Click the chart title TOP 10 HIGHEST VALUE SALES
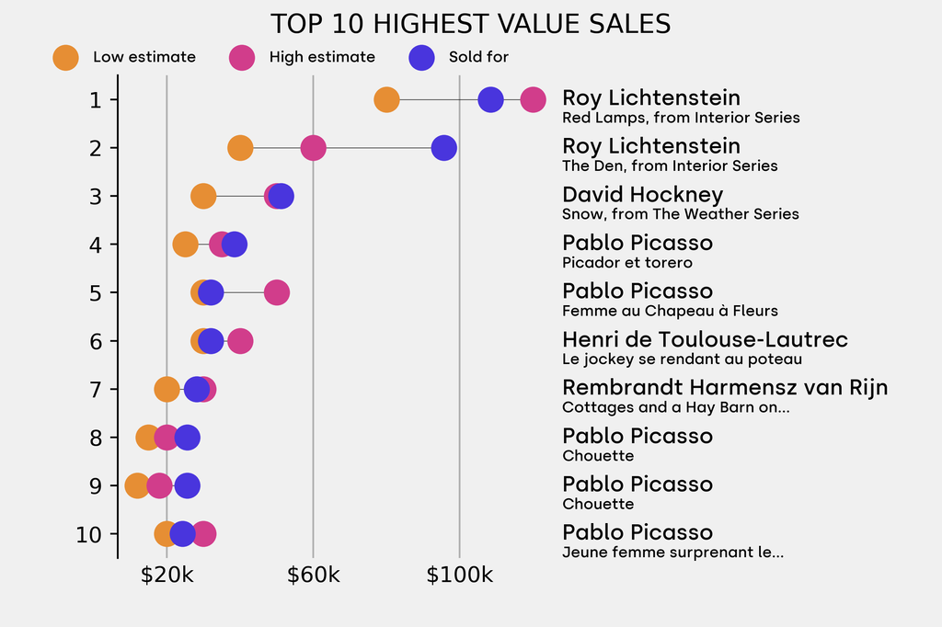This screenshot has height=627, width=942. click(x=470, y=24)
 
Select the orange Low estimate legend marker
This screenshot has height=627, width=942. click(x=65, y=57)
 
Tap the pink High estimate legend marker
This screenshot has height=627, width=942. click(x=242, y=57)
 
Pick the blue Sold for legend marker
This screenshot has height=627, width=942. click(x=421, y=57)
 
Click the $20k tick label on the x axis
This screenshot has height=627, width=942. click(x=167, y=576)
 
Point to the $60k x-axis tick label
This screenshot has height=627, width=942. click(x=313, y=576)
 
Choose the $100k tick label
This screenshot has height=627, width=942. click(x=459, y=576)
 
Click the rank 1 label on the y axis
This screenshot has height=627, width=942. click(x=96, y=99)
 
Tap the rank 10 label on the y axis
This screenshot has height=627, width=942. click(x=89, y=534)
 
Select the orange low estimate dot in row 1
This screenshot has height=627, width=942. click(x=386, y=99)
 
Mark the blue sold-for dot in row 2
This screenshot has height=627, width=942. click(x=444, y=148)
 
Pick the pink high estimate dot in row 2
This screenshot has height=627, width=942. click(x=313, y=148)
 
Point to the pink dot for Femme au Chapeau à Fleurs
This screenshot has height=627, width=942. click(x=277, y=292)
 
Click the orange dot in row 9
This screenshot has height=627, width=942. click(x=137, y=485)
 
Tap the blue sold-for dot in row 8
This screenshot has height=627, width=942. click(x=187, y=438)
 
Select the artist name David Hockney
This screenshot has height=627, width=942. click(x=642, y=195)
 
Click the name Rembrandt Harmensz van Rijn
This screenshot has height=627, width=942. click(x=725, y=388)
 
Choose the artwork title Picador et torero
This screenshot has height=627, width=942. click(x=626, y=263)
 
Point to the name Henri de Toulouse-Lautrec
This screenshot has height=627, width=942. click(x=705, y=339)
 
